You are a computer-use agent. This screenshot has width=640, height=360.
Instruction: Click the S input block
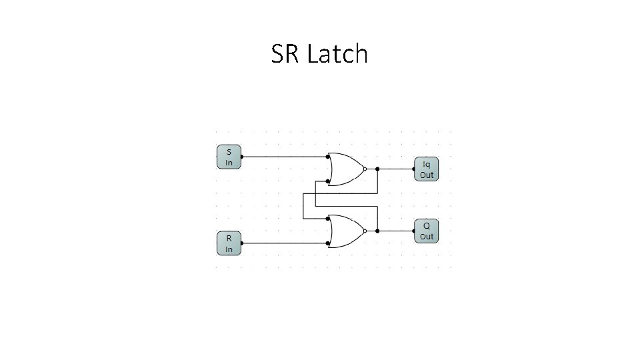[x=229, y=157]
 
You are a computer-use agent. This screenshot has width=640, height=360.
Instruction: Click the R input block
[x=229, y=243]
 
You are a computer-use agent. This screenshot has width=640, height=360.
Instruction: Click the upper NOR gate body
[x=345, y=169]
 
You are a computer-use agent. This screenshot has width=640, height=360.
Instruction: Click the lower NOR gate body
[x=345, y=231]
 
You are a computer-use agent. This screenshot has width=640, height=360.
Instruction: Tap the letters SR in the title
[x=285, y=54]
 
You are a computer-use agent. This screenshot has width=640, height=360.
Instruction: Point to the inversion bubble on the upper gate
[x=365, y=169]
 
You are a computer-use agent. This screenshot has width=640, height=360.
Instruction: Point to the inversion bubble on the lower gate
[x=365, y=231]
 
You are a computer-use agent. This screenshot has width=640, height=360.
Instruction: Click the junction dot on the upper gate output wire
[x=378, y=169]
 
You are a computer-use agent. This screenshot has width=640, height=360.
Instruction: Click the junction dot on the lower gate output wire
[x=378, y=231]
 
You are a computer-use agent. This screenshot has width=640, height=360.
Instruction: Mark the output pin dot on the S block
[x=241, y=157]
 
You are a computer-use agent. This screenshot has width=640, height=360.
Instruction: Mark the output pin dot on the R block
[x=241, y=243]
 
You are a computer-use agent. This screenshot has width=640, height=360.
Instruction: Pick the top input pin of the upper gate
[x=328, y=157]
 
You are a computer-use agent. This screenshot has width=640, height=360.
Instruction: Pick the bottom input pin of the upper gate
[x=328, y=181]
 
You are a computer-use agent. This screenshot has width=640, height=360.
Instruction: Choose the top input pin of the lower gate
[x=328, y=218]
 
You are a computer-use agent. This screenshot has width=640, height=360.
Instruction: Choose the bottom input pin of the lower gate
[x=328, y=243]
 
